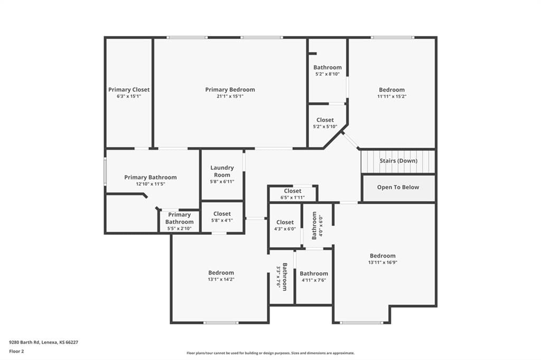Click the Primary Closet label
[129, 90]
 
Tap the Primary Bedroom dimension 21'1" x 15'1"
[230, 97]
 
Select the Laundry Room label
[222, 172]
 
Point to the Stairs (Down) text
[398, 160]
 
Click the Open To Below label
[398, 187]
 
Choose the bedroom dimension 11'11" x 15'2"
[392, 97]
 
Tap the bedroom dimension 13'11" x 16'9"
[383, 262]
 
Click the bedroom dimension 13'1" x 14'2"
[221, 279]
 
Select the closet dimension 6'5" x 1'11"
[293, 197]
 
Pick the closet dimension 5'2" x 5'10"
[325, 127]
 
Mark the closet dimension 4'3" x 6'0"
[285, 229]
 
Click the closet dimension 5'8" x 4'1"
[222, 220]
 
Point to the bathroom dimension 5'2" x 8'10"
[328, 74]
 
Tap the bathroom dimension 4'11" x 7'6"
[314, 280]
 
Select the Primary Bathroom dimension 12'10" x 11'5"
[151, 184]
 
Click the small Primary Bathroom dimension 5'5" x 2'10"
[180, 229]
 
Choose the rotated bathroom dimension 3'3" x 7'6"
[278, 277]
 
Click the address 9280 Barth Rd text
[24, 343]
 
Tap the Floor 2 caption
[16, 352]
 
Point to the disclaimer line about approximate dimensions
[270, 353]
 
